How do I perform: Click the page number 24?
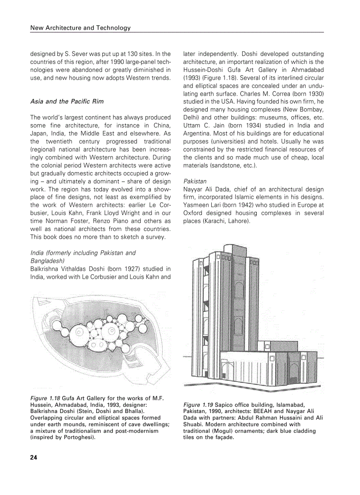(34, 457)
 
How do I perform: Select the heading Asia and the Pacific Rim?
(67, 101)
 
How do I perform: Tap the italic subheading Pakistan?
(195, 181)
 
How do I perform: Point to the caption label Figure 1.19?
(198, 405)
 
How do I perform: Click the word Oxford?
(194, 213)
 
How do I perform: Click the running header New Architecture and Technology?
(80, 28)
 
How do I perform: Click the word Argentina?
(198, 134)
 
